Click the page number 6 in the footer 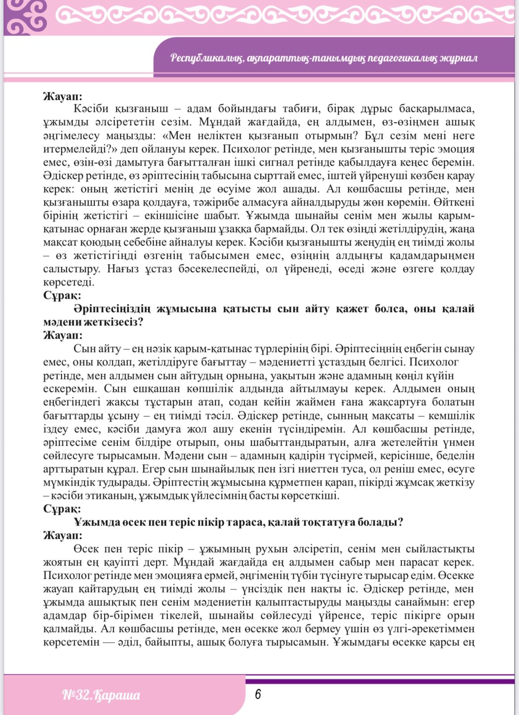(x=258, y=694)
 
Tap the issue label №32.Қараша (x=101, y=695)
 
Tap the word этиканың (x=109, y=496)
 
